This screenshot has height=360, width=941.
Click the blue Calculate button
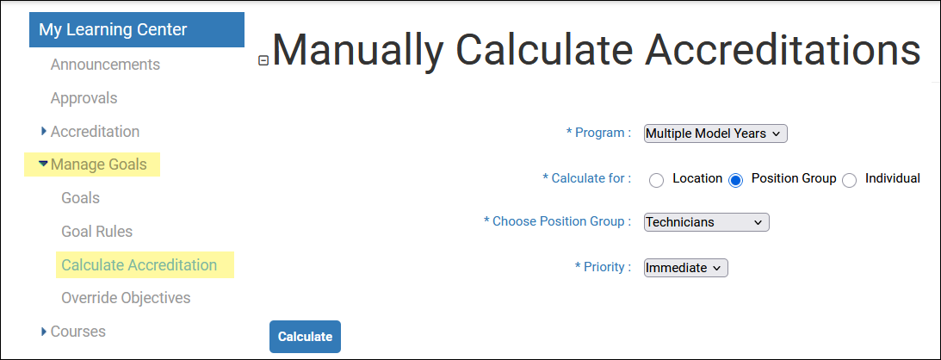[x=305, y=337]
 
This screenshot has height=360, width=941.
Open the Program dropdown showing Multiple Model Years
[x=715, y=133]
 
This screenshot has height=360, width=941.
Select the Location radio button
[x=657, y=180]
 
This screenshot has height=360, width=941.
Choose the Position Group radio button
[x=736, y=180]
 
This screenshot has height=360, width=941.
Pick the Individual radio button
[x=849, y=180]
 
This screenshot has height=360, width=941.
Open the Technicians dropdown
[x=706, y=222]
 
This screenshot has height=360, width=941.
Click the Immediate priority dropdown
[x=686, y=268]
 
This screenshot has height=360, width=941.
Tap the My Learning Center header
[x=137, y=29]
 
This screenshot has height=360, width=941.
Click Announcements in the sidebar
[x=105, y=65]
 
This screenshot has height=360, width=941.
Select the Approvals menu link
[x=84, y=98]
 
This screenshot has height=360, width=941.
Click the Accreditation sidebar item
[x=95, y=132]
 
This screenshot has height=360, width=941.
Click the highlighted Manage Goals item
[x=98, y=164]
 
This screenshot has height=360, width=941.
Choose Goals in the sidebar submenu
[x=80, y=198]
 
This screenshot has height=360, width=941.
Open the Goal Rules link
[x=96, y=232]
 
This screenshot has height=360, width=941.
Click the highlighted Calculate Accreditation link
[x=139, y=265]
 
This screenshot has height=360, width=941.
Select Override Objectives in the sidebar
[x=126, y=298]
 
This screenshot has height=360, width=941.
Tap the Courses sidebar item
[x=78, y=332]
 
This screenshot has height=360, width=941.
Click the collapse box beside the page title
[x=263, y=60]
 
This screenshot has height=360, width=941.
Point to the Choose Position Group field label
[x=558, y=221]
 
